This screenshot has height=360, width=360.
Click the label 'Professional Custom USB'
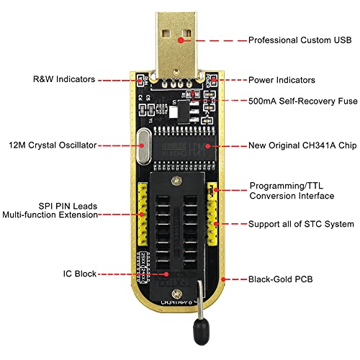pyautogui.click(x=300, y=40)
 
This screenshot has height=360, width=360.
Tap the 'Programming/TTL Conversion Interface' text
pyautogui.click(x=291, y=190)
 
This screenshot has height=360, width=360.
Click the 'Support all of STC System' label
pyautogui.click(x=301, y=225)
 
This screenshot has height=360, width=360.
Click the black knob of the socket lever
pyautogui.click(x=198, y=333)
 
